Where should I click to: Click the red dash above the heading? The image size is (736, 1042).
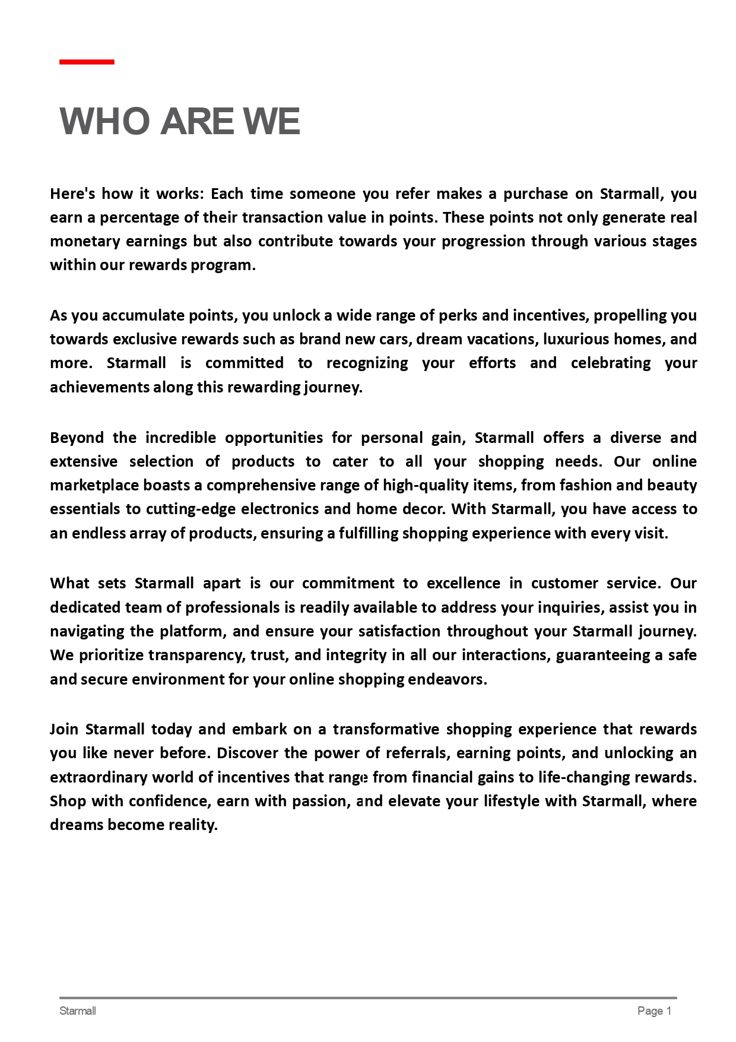pyautogui.click(x=87, y=62)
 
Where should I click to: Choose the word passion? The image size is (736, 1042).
pyautogui.click(x=321, y=801)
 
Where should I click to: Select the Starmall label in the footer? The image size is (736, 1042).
pyautogui.click(x=78, y=1011)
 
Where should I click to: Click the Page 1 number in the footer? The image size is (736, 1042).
pyautogui.click(x=654, y=1011)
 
